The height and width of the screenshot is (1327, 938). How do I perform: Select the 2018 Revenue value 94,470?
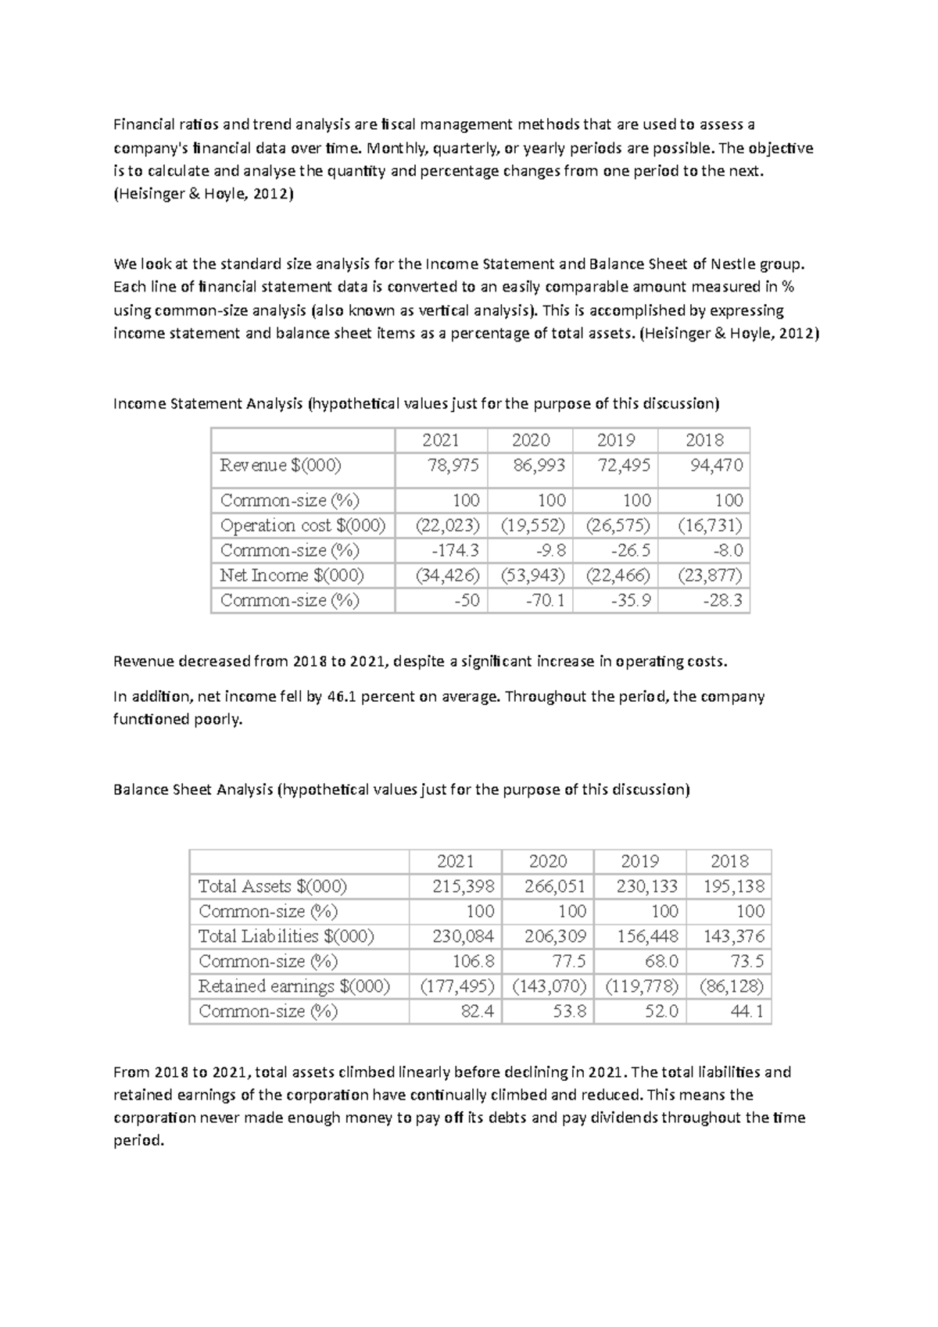(x=716, y=466)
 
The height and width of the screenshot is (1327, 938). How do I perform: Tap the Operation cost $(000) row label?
(x=303, y=525)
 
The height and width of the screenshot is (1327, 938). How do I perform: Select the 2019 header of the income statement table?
(x=615, y=440)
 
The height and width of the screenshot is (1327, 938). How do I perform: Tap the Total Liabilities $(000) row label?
(x=286, y=936)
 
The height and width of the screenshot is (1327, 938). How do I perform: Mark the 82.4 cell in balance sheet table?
(x=477, y=1011)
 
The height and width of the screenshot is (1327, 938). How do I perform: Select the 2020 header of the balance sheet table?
(x=547, y=861)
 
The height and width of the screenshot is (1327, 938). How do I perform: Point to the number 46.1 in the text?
(x=341, y=696)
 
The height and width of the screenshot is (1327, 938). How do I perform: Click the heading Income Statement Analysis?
(x=208, y=404)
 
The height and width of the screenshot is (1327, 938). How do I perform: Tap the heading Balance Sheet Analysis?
(x=193, y=789)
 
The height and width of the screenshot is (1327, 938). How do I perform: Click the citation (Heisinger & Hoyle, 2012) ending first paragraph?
(x=203, y=194)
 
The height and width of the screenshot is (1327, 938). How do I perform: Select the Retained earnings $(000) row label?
(x=294, y=986)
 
